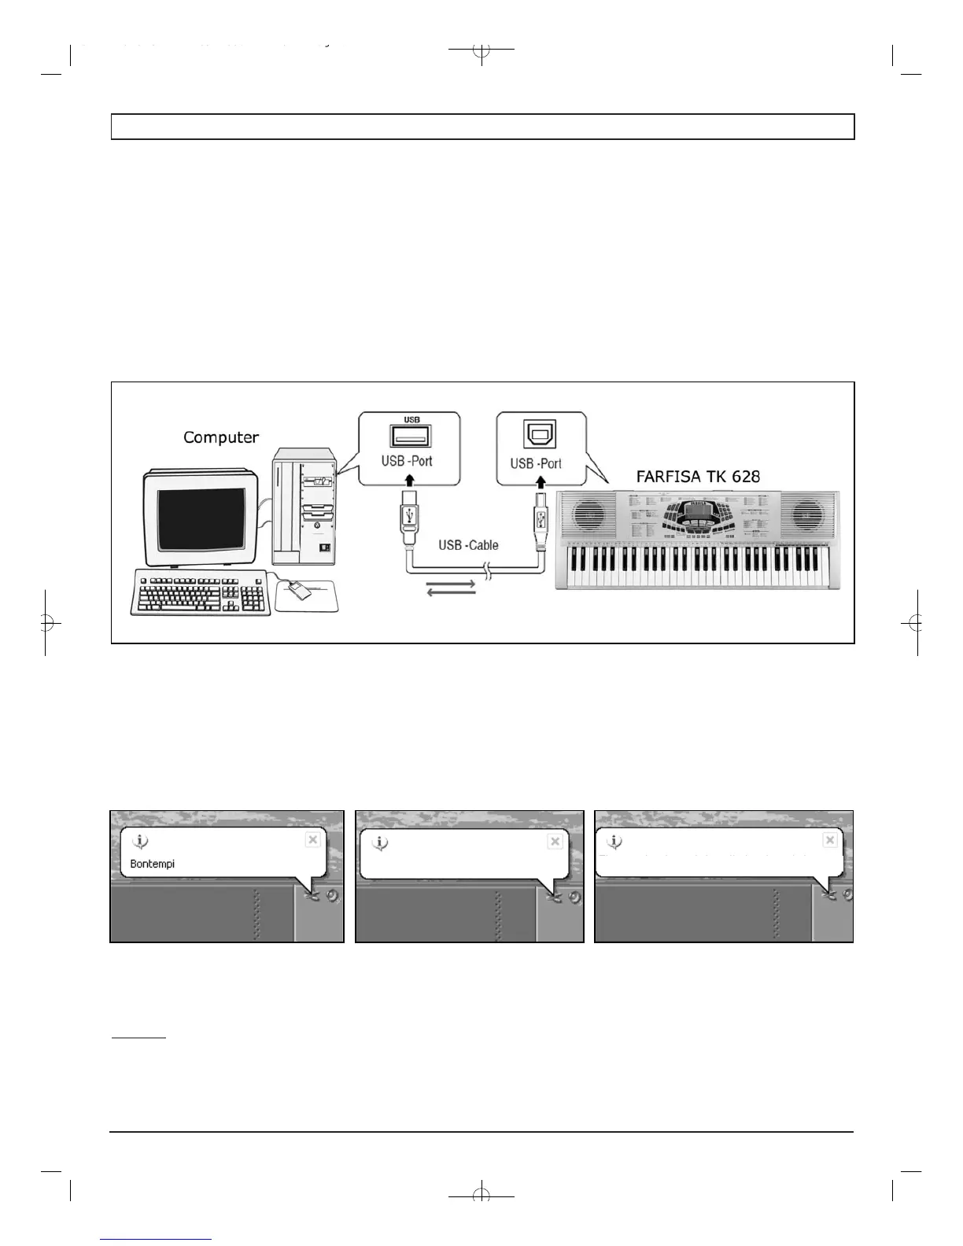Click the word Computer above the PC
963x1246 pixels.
[x=221, y=437]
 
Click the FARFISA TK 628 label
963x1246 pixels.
[x=698, y=476]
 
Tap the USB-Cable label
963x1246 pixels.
[x=468, y=544]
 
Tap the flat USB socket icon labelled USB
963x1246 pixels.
[x=408, y=437]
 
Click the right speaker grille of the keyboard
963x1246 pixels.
[x=807, y=516]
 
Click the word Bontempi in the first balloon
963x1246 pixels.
[x=152, y=864]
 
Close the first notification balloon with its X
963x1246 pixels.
[x=312, y=839]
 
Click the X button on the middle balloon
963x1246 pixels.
[x=555, y=841]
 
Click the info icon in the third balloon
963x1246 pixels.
[x=614, y=842]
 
